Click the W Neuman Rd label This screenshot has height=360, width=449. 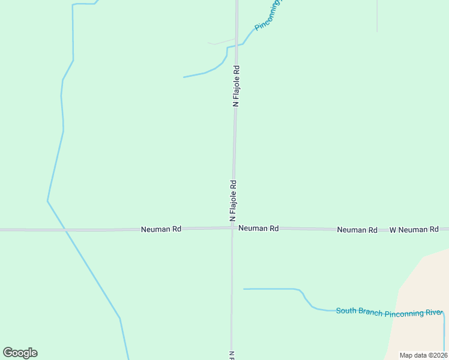click(x=414, y=230)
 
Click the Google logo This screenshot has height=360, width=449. click(x=20, y=353)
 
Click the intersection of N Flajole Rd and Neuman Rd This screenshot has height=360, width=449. click(x=232, y=229)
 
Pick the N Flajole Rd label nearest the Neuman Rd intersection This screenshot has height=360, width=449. click(x=233, y=201)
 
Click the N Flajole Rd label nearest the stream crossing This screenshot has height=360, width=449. click(x=237, y=86)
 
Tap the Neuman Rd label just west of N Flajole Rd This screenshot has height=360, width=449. click(x=161, y=229)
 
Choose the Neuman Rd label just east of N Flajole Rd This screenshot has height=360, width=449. click(x=258, y=229)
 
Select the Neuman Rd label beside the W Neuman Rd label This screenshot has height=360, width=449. click(x=357, y=230)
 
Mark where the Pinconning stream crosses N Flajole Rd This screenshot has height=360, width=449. click(x=237, y=45)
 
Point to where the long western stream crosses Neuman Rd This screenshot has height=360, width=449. click(x=66, y=230)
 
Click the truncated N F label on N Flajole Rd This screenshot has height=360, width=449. click(x=231, y=355)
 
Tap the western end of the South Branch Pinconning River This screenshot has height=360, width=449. click(x=244, y=289)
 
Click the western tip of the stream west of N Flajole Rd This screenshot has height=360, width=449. click(x=184, y=77)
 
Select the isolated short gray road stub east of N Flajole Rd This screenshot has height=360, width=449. click(x=377, y=15)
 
